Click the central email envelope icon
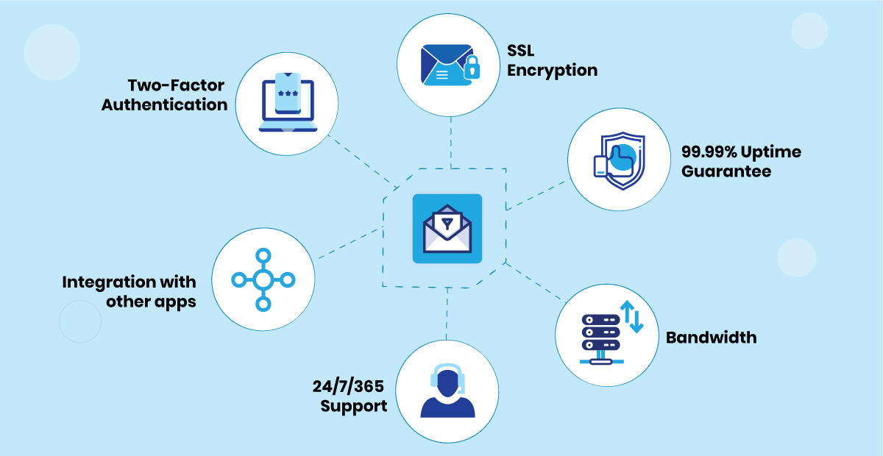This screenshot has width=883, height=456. tap(447, 229)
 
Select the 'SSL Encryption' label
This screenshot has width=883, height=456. tap(551, 61)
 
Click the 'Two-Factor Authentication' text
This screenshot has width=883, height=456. tap(165, 95)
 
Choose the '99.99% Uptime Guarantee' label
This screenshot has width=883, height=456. tap(741, 162)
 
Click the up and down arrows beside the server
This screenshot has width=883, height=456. tap(633, 316)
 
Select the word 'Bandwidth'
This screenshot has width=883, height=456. tap(711, 338)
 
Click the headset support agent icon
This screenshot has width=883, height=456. tap(447, 390)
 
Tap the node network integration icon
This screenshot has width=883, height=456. tap(263, 279)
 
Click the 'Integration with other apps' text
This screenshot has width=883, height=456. tap(130, 291)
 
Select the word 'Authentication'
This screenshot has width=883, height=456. tap(165, 104)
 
